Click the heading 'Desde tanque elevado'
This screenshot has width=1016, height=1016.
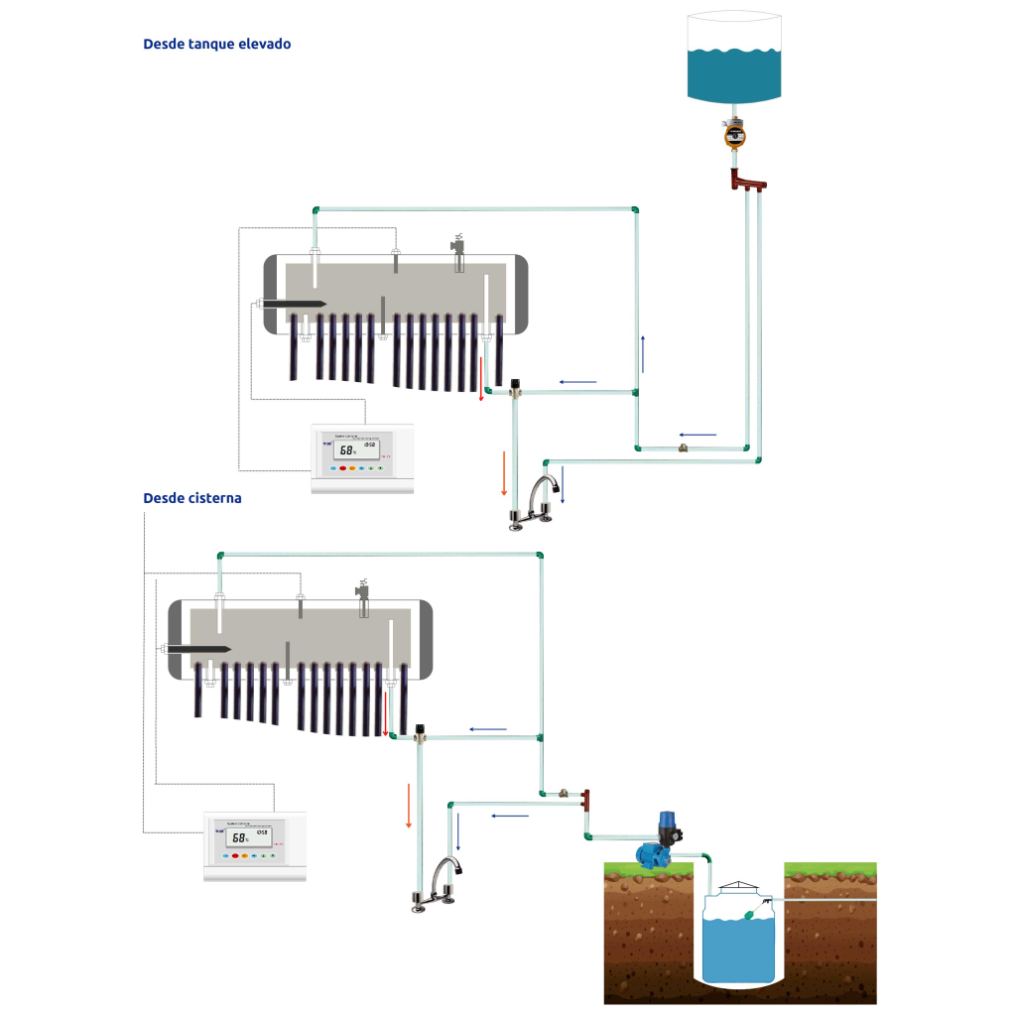coord(216,45)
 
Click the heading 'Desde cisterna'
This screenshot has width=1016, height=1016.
coord(192,498)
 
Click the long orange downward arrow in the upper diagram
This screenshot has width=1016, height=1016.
coord(504,473)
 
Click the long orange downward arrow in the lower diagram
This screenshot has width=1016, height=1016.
coord(408,804)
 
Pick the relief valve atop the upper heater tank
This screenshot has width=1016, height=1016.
coord(458,248)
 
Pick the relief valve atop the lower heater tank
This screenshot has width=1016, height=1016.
coord(363,593)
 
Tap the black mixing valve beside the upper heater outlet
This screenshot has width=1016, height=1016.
coord(515,386)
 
